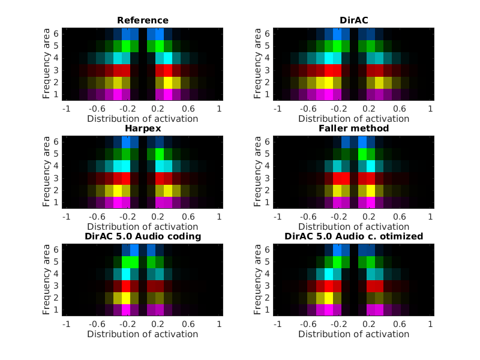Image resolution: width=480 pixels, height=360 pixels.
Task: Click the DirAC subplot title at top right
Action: click(353, 20)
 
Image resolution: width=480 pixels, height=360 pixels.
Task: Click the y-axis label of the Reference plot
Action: click(47, 63)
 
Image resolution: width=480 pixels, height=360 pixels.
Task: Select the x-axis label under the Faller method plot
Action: click(353, 226)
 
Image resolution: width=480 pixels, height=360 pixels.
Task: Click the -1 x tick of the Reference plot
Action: click(67, 109)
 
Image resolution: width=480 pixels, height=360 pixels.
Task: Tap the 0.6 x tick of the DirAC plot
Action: click(399, 109)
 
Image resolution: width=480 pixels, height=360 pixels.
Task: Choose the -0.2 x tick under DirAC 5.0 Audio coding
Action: click(127, 325)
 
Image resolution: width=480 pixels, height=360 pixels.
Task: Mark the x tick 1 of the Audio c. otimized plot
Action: click(430, 325)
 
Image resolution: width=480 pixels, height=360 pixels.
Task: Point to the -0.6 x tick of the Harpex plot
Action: click(96, 217)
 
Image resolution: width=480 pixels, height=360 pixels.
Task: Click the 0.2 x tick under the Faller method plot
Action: click(368, 217)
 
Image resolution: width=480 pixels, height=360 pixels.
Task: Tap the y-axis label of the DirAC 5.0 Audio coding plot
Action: click(47, 279)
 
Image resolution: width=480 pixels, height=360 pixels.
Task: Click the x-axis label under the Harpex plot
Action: click(143, 226)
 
